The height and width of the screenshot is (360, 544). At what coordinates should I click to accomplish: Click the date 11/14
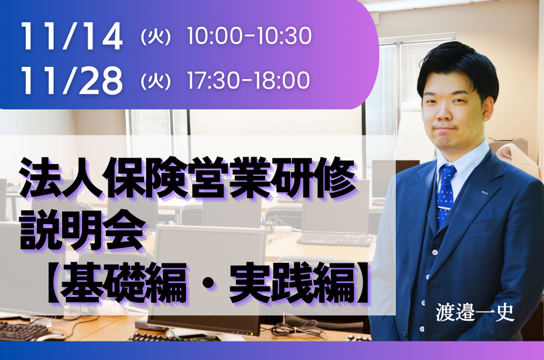pos(72,37)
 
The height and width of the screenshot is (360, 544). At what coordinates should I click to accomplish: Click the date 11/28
pos(72,81)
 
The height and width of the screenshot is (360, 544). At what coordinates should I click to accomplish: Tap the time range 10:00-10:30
pos(249,36)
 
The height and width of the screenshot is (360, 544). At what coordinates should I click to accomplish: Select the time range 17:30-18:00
pos(249,80)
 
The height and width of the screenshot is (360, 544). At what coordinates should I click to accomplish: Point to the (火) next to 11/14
pos(156,37)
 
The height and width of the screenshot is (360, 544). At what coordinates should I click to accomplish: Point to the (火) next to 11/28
pos(156,81)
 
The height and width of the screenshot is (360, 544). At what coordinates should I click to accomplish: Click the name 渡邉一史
pos(475,312)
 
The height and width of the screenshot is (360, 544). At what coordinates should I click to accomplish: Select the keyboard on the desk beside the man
pos(336,239)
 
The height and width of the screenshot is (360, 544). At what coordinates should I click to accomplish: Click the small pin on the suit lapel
pos(484,192)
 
